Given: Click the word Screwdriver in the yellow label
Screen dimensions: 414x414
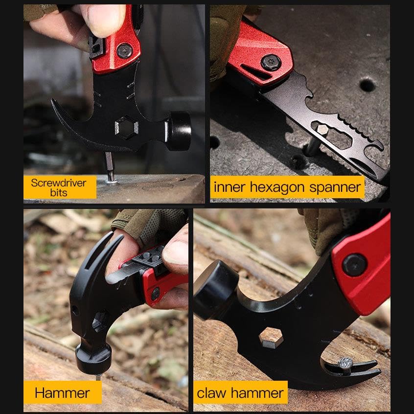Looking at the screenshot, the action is [x=58, y=183].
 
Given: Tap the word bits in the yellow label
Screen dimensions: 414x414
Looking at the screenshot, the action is [x=59, y=193].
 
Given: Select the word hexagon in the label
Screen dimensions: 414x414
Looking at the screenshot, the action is [x=277, y=188].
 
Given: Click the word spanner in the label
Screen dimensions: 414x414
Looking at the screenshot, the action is [x=335, y=188].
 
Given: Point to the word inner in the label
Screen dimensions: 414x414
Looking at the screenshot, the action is [x=230, y=187].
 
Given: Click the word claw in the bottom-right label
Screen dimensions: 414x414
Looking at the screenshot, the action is [x=211, y=392].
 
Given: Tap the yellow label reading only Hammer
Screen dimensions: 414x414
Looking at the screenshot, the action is [x=63, y=392].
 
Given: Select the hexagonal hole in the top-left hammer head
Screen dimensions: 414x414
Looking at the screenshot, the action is [x=126, y=128].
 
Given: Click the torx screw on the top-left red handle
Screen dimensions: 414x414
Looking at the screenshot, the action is [x=125, y=51].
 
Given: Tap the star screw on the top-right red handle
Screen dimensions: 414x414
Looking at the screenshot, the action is [x=271, y=63].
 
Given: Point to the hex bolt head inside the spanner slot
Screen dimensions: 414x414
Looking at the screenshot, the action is [x=322, y=130].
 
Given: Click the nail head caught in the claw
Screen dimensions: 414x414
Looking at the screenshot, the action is [x=345, y=363].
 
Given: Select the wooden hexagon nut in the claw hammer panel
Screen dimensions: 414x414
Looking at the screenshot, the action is [x=271, y=338].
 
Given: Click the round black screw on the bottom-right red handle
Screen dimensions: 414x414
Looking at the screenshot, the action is [x=354, y=265].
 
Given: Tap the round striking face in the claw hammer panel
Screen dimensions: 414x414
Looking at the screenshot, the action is [x=215, y=289].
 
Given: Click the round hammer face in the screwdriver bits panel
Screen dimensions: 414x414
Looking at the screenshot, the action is [x=179, y=131].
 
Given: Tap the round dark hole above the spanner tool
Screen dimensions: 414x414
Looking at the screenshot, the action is [x=367, y=85].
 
